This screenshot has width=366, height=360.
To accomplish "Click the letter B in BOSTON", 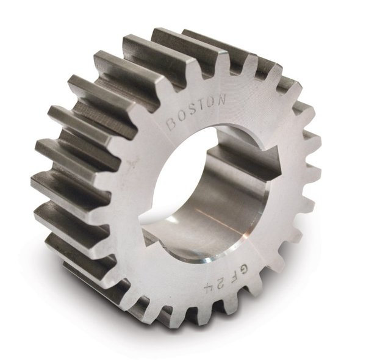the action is pyautogui.click(x=172, y=125).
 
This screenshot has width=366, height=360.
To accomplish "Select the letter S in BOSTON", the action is pyautogui.click(x=194, y=109).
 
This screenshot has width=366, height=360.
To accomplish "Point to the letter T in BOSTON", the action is pyautogui.click(x=204, y=104).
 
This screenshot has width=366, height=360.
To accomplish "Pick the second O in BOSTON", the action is pyautogui.click(x=213, y=101).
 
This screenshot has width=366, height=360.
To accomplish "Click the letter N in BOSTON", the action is pyautogui.click(x=221, y=98).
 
